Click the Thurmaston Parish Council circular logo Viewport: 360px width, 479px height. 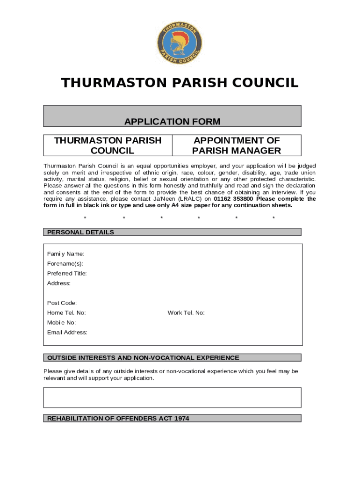pyautogui.click(x=180, y=43)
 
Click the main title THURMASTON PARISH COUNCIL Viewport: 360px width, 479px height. pyautogui.click(x=180, y=83)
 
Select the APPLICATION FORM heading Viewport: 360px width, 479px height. pyautogui.click(x=172, y=122)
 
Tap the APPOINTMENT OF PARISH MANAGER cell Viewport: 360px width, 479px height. pyautogui.click(x=237, y=145)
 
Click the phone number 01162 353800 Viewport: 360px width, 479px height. pyautogui.click(x=233, y=199)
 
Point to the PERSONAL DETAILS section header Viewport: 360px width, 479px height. pyautogui.click(x=80, y=232)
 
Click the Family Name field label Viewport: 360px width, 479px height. pyautogui.click(x=65, y=254)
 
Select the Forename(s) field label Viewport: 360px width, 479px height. pyautogui.click(x=65, y=264)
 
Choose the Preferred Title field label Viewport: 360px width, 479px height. pyautogui.click(x=67, y=274)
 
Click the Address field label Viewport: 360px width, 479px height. pyautogui.click(x=59, y=283)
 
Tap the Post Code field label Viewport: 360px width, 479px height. pyautogui.click(x=62, y=303)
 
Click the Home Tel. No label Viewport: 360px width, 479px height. pyautogui.click(x=66, y=313)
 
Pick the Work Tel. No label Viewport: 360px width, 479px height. pyautogui.click(x=186, y=313)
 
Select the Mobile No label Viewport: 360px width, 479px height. pyautogui.click(x=61, y=323)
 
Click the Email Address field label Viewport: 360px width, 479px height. pyautogui.click(x=67, y=333)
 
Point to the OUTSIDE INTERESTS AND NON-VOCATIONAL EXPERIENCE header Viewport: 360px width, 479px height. pyautogui.click(x=143, y=358)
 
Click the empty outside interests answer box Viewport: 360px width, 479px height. pyautogui.click(x=172, y=398)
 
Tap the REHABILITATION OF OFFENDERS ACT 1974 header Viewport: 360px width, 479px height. pyautogui.click(x=118, y=419)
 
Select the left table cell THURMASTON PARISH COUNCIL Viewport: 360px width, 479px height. pyautogui.click(x=108, y=145)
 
